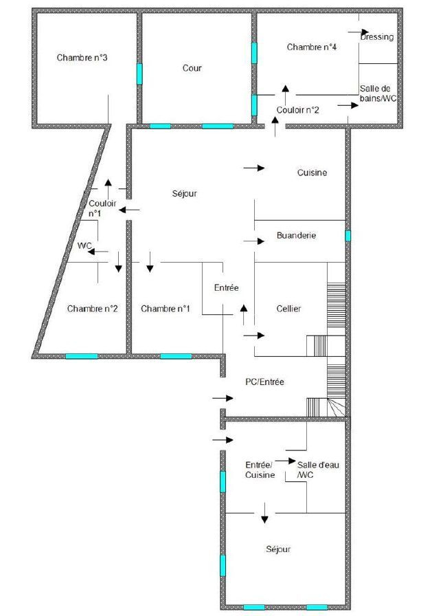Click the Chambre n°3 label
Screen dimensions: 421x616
coord(82,58)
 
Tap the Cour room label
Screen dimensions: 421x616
coord(192,68)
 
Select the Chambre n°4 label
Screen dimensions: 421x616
coord(312,47)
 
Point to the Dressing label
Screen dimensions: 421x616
coord(377,37)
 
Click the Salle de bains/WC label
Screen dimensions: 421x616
coord(378,93)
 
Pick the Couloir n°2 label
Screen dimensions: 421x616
coord(297,110)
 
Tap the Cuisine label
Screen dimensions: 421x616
coord(312,173)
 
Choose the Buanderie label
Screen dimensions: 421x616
coord(296,235)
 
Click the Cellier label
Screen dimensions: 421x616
coord(288,309)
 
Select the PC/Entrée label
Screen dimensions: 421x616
coord(264,382)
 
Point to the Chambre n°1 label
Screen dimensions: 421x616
coord(166,309)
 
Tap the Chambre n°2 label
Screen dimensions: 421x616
coord(92,309)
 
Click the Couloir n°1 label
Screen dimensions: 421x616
coord(102,208)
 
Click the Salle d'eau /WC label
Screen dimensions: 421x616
coord(318,470)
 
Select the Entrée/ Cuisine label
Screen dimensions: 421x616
coord(260,470)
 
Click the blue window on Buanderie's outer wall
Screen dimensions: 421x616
coord(348,236)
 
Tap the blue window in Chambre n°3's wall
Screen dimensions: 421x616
coord(139,74)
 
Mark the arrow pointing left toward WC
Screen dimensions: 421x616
coord(98,252)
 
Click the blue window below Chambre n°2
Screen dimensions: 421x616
coord(82,356)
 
